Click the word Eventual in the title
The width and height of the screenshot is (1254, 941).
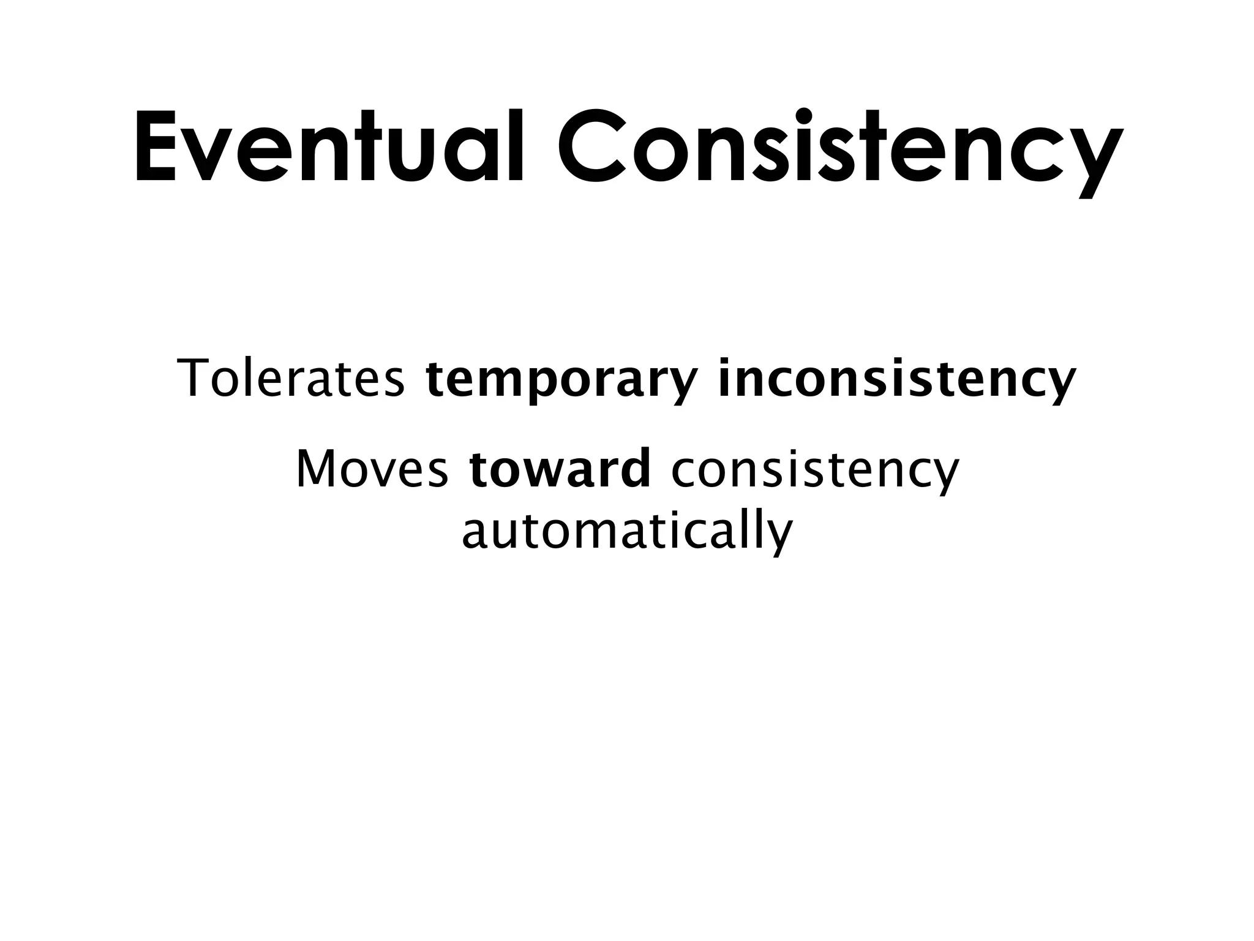point(329,147)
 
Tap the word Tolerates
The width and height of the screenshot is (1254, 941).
point(291,379)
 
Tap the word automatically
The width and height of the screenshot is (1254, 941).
point(627,531)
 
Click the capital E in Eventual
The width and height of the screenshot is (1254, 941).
point(156,147)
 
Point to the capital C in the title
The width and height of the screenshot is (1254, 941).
point(593,147)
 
